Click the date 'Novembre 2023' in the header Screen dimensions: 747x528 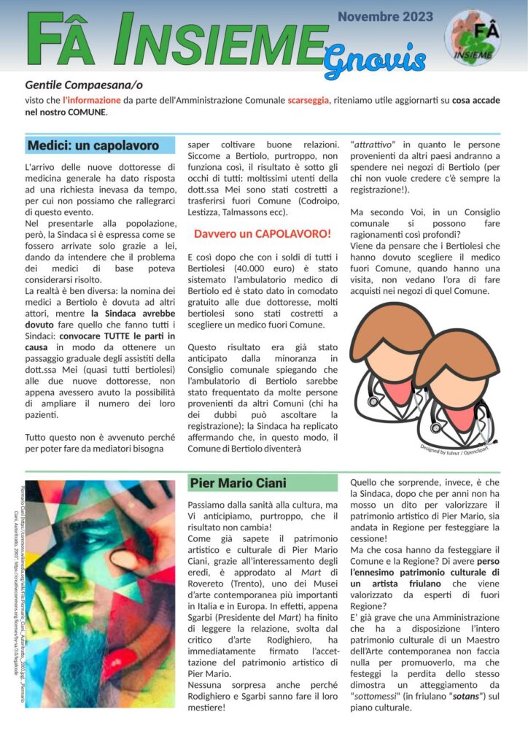pos(385,16)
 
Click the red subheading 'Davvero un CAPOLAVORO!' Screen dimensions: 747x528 pos(263,234)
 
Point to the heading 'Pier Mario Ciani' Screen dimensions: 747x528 pos(238,482)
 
